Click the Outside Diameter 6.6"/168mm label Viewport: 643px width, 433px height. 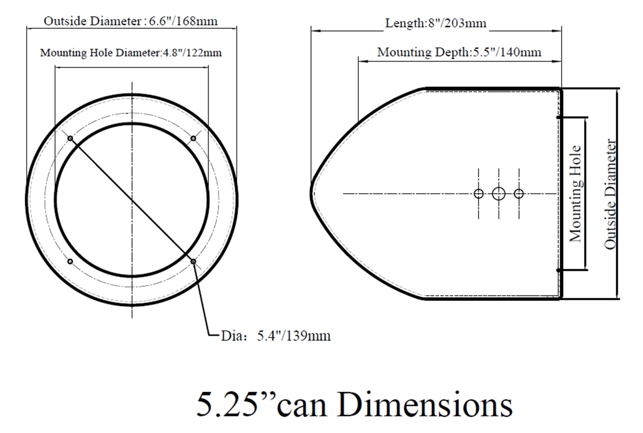131,21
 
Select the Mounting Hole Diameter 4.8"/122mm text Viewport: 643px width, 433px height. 131,53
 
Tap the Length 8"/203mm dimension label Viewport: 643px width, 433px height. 436,23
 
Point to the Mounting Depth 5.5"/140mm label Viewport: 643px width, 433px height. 459,52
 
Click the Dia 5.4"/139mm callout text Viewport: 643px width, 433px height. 276,336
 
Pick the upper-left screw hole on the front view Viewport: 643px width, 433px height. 70,138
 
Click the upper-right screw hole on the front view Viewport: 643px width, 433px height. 193,138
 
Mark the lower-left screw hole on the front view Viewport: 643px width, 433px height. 70,261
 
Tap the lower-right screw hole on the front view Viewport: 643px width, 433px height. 193,261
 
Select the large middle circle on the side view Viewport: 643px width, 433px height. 499,194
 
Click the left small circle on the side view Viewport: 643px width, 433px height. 478,194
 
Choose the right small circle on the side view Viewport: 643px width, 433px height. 519,194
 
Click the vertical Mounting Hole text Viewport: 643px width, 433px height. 575,194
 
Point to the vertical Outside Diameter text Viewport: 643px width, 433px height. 610,194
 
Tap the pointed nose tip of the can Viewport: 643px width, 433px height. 312,194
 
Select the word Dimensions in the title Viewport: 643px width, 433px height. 425,405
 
